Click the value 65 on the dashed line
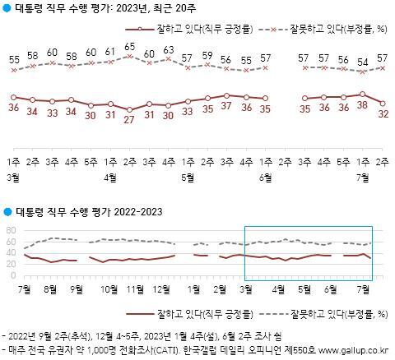(129, 47)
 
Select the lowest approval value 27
(129, 118)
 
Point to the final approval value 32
(383, 114)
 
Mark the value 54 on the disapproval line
(363, 62)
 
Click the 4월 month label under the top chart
(110, 177)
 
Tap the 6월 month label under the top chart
(264, 177)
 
